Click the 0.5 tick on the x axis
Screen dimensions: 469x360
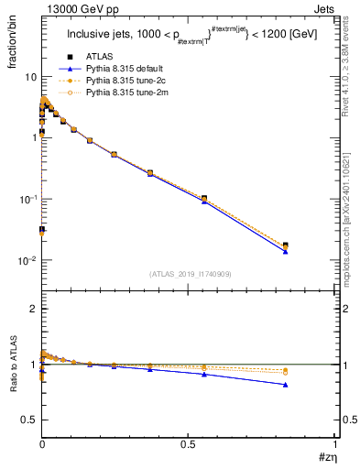tap(188, 442)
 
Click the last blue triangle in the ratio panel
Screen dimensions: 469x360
tap(286, 385)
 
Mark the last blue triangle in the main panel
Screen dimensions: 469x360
tap(286, 251)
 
